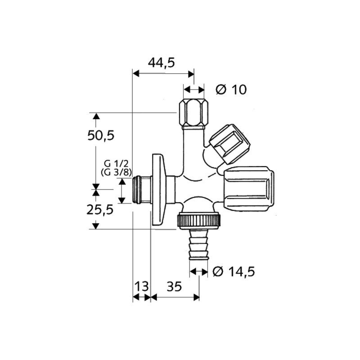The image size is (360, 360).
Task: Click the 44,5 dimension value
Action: pyautogui.click(x=161, y=63)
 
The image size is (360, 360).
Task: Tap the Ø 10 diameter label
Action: pyautogui.click(x=231, y=89)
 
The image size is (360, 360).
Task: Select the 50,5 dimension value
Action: pyautogui.click(x=101, y=135)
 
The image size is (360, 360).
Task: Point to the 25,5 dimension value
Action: pyautogui.click(x=100, y=210)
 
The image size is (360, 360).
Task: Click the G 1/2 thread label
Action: pyautogui.click(x=116, y=164)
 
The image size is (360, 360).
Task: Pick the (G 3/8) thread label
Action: pyautogui.click(x=116, y=172)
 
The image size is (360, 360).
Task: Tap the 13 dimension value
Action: pyautogui.click(x=141, y=286)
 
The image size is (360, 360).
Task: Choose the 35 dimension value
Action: pyautogui.click(x=174, y=286)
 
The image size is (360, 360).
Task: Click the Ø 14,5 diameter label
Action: pyautogui.click(x=234, y=272)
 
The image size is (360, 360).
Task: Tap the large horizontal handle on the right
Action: pyautogui.click(x=248, y=189)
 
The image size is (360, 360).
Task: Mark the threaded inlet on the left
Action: pyautogui.click(x=142, y=189)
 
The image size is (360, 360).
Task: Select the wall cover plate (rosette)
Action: pyautogui.click(x=158, y=190)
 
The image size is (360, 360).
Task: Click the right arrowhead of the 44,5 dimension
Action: pyautogui.click(x=191, y=74)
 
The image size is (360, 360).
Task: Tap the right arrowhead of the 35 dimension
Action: pyautogui.click(x=197, y=297)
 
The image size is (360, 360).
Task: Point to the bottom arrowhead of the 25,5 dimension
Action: pyautogui.click(x=96, y=226)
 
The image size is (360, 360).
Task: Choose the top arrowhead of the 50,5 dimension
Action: pyautogui.click(x=96, y=116)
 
